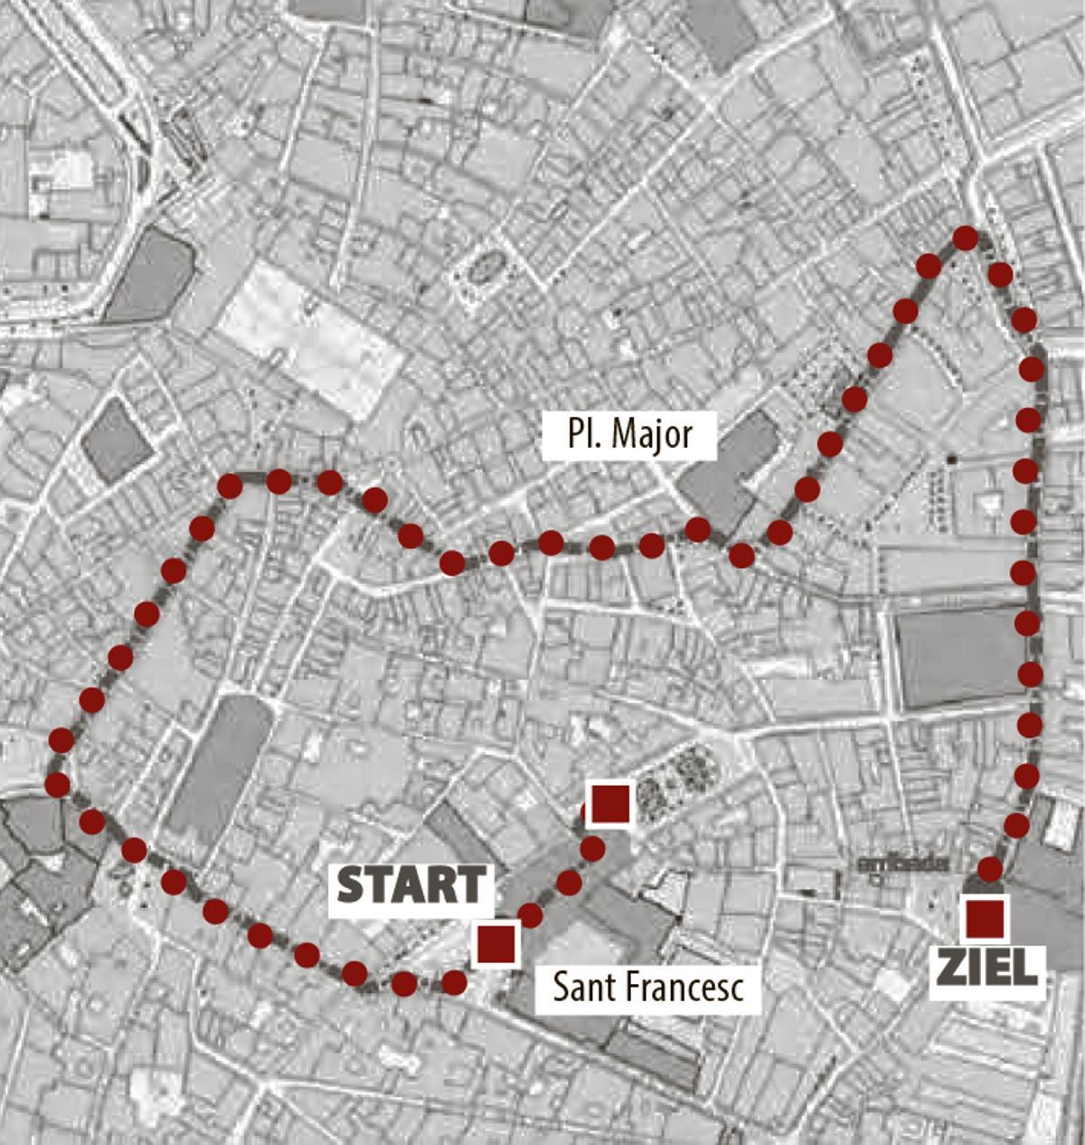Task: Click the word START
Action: point(412,885)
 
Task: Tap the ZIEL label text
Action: point(986,969)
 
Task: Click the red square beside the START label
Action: point(495,944)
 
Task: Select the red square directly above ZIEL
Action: point(985,919)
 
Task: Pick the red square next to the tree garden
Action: point(610,804)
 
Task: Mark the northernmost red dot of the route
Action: point(966,239)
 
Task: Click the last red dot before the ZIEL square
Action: point(991,870)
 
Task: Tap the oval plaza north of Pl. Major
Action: point(485,268)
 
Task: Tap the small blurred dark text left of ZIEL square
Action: point(904,864)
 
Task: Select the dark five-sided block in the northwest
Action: point(150,277)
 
